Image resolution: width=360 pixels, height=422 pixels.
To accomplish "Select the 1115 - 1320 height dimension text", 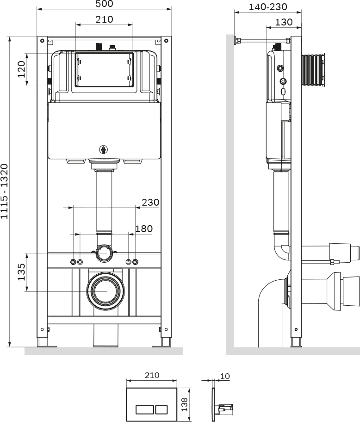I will (x=5, y=191).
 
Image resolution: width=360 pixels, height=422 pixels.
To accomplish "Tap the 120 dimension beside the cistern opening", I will (x=22, y=69).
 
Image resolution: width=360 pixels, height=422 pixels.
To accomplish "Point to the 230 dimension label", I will (x=150, y=202).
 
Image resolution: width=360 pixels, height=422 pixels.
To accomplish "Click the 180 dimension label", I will (x=143, y=228).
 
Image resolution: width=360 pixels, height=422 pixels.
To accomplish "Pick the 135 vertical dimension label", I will (x=21, y=272).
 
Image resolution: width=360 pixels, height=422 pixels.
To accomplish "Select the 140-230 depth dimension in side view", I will (x=267, y=7).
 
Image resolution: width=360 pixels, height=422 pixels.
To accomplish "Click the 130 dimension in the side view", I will (x=284, y=22).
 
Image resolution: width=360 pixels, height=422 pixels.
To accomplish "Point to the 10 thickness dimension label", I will (x=225, y=376).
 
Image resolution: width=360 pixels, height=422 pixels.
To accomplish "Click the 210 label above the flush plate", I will (x=152, y=375).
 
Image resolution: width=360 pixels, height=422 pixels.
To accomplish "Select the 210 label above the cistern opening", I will (x=105, y=19).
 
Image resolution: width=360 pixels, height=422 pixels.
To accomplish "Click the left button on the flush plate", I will (x=144, y=409).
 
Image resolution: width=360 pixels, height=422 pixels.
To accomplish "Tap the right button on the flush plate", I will (x=161, y=409).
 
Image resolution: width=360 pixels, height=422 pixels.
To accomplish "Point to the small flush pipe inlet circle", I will (x=105, y=253).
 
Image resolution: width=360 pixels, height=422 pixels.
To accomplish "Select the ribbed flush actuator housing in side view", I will (x=312, y=70).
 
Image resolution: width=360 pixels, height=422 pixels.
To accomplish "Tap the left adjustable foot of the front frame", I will (x=43, y=343).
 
